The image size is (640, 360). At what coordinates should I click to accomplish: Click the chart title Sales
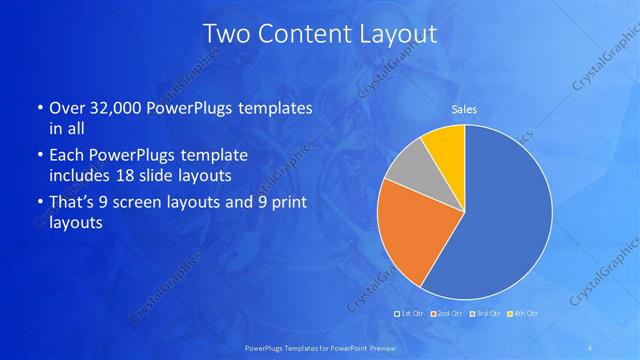(x=464, y=109)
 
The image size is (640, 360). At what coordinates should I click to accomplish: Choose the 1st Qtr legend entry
(x=410, y=314)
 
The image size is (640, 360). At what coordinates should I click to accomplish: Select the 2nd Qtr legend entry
(x=446, y=314)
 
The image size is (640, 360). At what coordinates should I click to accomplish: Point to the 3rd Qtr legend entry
(x=484, y=314)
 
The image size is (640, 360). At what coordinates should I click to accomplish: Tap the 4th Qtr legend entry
(x=523, y=314)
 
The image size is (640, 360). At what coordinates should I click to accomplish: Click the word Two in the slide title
(x=224, y=33)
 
